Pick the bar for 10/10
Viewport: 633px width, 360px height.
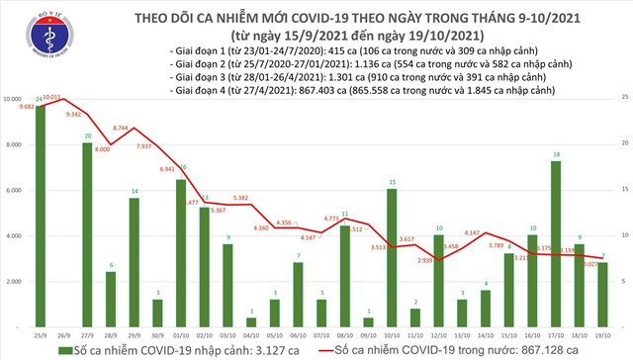click(x=392, y=257)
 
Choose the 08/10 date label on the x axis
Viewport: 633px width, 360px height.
click(x=344, y=335)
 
